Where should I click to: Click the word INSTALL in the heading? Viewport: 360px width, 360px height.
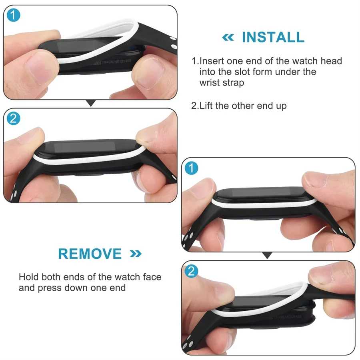click(x=273, y=37)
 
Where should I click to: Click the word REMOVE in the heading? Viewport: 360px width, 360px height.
click(x=90, y=254)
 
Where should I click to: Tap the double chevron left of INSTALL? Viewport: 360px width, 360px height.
click(x=228, y=38)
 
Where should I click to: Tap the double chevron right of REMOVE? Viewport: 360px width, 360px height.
click(x=136, y=254)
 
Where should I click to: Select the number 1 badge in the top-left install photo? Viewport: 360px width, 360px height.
click(x=13, y=15)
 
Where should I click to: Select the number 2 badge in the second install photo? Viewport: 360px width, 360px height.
click(x=13, y=119)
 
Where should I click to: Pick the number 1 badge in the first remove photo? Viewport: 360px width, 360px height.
click(x=191, y=168)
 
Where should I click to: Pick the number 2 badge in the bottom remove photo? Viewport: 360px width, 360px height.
click(x=191, y=271)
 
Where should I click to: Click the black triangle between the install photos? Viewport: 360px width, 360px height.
click(x=91, y=103)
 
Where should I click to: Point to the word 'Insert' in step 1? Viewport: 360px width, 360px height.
click(x=212, y=61)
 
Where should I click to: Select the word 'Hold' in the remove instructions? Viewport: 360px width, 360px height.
click(x=29, y=277)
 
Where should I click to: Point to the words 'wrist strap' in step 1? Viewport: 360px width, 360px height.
click(x=222, y=83)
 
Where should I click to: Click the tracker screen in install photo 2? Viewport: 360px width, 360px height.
click(x=84, y=147)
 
